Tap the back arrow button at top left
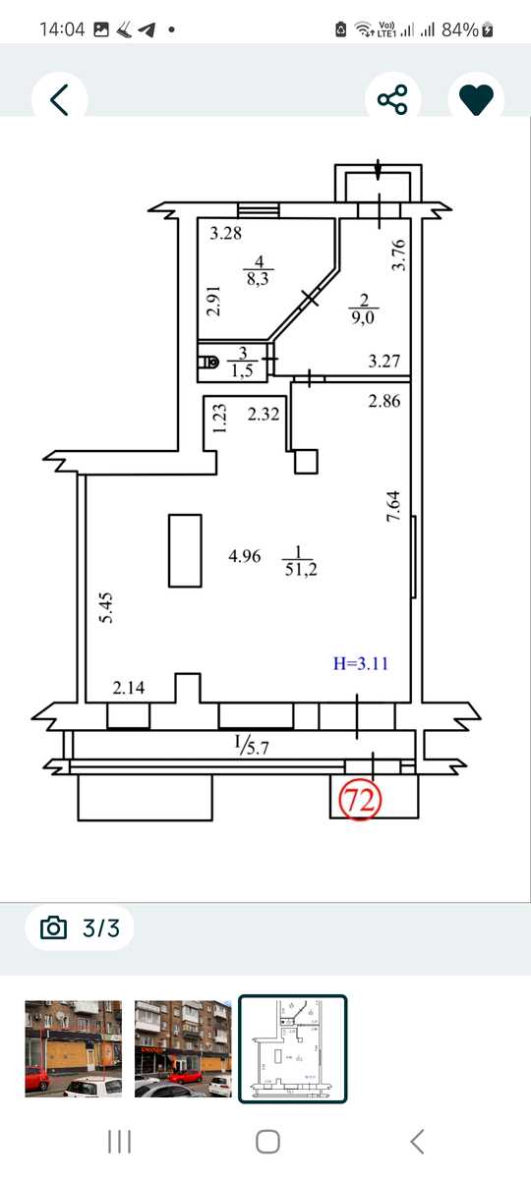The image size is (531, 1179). coord(59,99)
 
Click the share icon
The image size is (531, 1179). coord(392,99)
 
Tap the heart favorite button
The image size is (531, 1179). coord(476,99)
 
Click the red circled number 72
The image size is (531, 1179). coord(360,800)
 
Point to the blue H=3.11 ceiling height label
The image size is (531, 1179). coord(362,663)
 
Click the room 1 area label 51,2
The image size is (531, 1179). coord(300,570)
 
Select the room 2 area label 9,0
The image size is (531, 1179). coord(363,318)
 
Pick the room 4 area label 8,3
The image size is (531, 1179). coord(258,278)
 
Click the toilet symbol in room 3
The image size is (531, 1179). coord(209,363)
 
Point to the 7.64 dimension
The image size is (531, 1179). coord(394,506)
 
